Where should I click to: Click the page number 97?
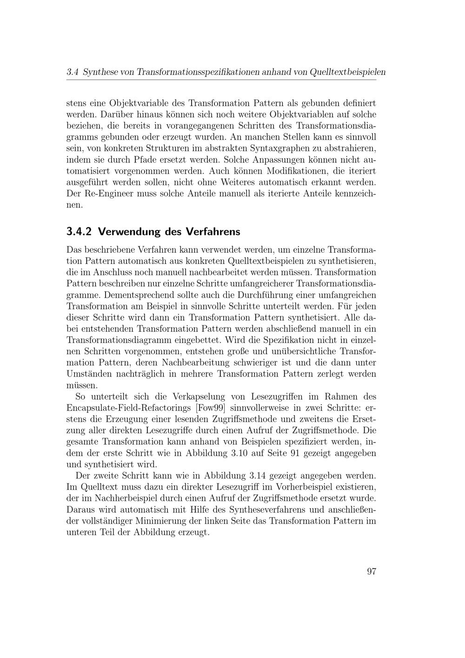click(371, 571)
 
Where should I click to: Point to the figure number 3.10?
click(240, 453)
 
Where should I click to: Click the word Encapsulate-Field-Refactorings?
click(129, 408)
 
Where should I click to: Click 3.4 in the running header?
click(72, 72)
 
